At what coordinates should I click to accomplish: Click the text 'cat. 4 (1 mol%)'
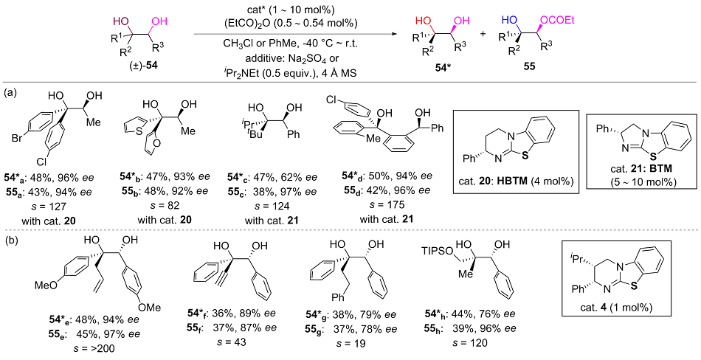[x=618, y=328]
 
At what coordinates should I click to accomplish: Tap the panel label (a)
[x=11, y=93]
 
